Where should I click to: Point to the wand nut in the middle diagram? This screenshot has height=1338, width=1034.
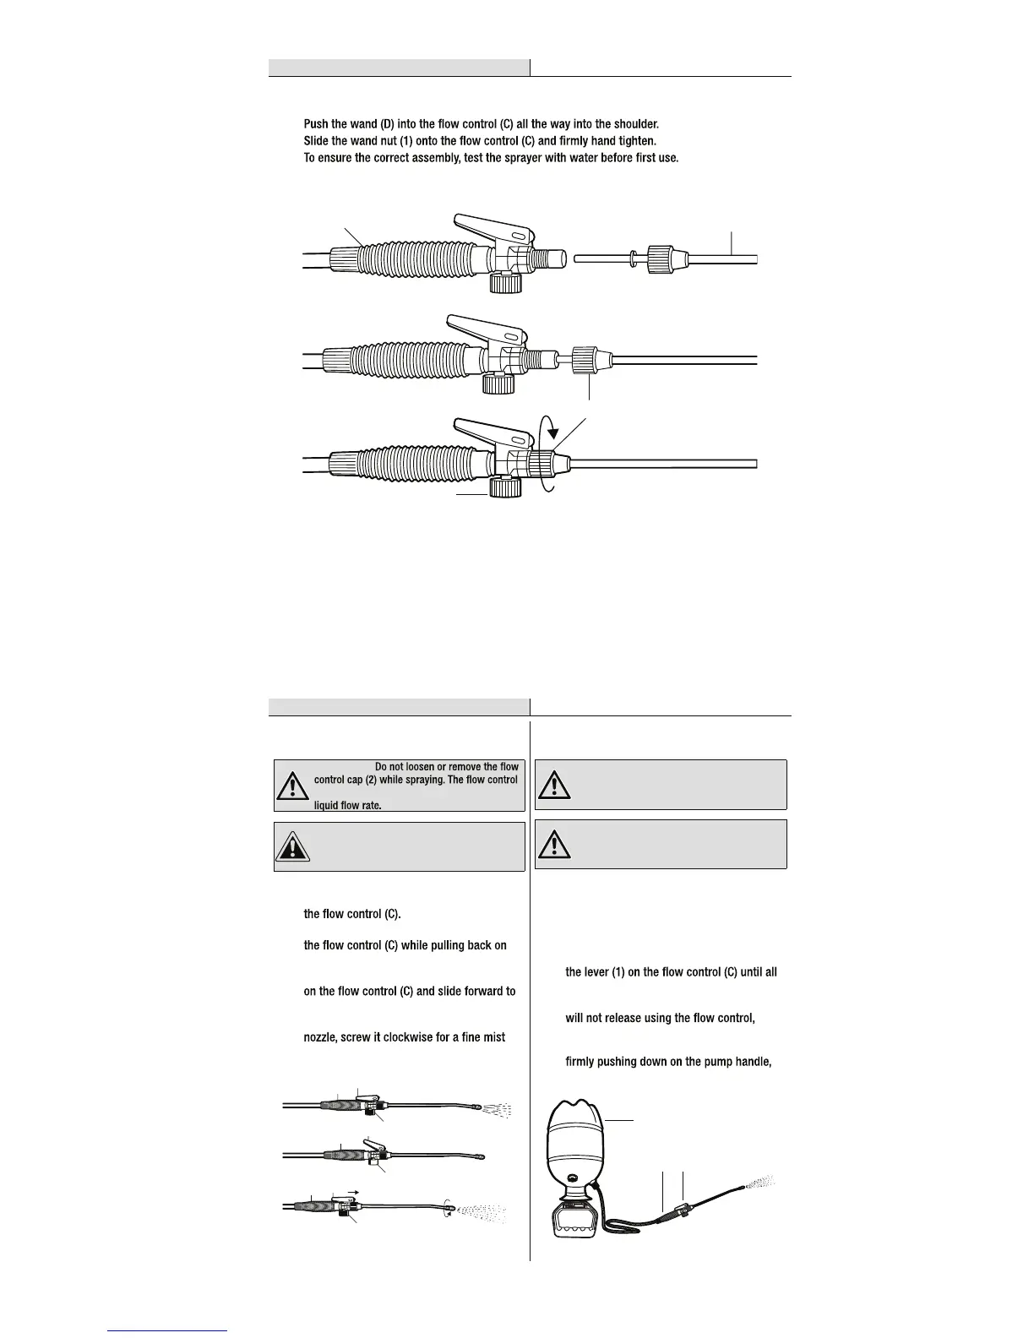(585, 358)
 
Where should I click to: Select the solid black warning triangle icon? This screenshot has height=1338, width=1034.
(293, 846)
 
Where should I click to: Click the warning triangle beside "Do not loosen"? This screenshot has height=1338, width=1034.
(293, 786)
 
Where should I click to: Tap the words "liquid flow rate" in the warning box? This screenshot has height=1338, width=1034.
(342, 806)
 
